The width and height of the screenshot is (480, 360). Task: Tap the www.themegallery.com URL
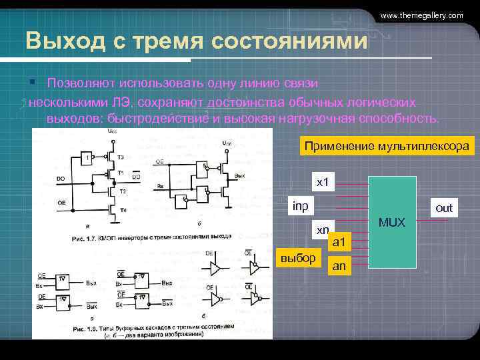click(x=421, y=15)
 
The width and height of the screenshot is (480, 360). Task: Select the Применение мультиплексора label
click(x=386, y=146)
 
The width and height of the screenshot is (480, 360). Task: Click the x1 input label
click(x=323, y=181)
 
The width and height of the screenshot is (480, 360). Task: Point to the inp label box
click(x=301, y=206)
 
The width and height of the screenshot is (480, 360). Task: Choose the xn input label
click(x=323, y=230)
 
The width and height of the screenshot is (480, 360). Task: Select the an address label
click(x=339, y=265)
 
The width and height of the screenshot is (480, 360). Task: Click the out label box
click(x=443, y=208)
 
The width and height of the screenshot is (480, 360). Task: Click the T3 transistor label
click(x=120, y=157)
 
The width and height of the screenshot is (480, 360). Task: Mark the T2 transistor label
click(x=122, y=191)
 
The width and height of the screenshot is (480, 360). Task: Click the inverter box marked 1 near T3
click(x=87, y=158)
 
